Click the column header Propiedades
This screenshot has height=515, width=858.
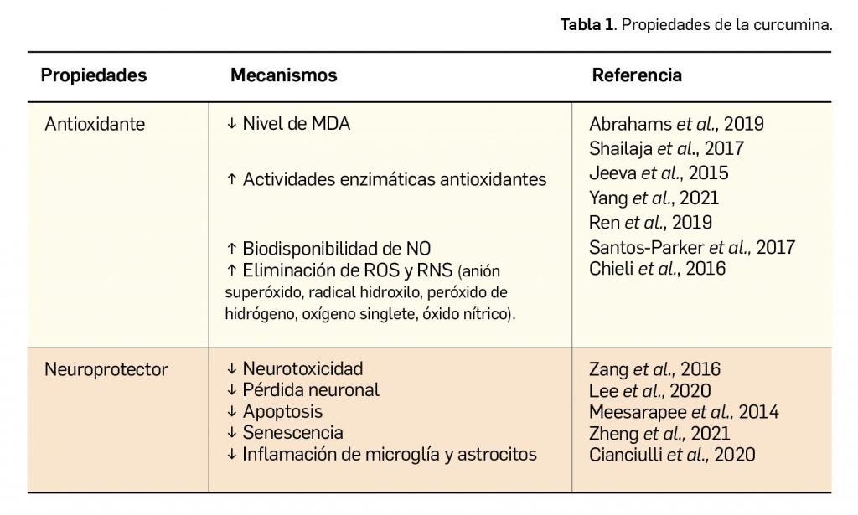point(94,75)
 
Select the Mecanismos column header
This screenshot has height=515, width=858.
point(283,75)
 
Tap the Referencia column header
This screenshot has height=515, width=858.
point(637,75)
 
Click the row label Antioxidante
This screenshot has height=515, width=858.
point(95,124)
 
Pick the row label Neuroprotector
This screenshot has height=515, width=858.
point(106,368)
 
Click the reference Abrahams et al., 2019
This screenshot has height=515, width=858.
point(676,125)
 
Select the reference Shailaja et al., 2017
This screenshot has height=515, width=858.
point(667,149)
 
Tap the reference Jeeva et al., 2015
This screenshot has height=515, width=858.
point(659,173)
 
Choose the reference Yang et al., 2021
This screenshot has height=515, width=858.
point(654,198)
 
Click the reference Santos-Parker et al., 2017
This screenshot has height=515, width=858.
point(692,247)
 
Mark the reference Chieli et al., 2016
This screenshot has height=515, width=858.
point(657,269)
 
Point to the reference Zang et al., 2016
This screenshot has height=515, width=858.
point(654,368)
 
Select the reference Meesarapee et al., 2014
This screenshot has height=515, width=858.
point(684,412)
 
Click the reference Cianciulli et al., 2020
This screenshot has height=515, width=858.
point(672,455)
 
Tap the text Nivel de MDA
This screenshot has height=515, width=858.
point(296,124)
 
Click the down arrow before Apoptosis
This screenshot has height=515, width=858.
point(232,412)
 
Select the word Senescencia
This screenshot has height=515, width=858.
point(292,433)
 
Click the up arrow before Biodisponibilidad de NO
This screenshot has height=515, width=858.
point(232,248)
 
